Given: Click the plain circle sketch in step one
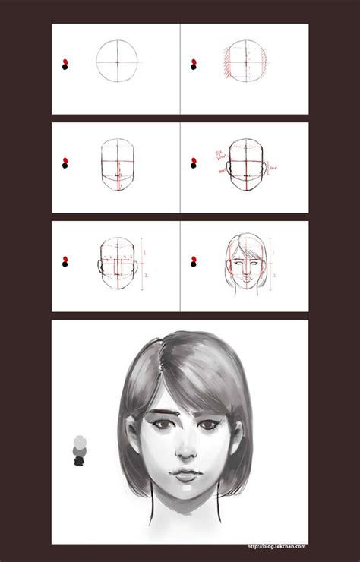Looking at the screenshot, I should (x=118, y=60).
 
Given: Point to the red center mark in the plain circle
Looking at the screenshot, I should (x=118, y=61).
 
